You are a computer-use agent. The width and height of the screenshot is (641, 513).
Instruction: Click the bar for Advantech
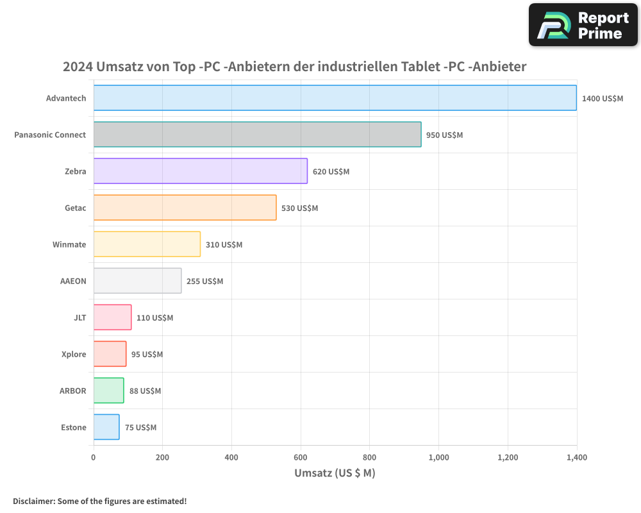335,98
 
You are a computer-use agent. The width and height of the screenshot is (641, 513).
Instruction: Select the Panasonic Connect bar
257,135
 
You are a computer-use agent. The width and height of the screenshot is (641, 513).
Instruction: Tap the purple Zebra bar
200,171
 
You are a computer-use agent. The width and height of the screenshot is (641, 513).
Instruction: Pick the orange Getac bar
185,208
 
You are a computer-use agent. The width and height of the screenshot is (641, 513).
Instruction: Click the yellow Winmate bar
147,244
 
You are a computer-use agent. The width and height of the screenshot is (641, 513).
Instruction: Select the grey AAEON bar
137,281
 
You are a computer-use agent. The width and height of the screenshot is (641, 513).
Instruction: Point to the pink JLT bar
112,317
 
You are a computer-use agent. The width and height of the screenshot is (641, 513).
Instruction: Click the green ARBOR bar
108,391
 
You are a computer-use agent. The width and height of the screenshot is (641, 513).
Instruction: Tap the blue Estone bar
106,427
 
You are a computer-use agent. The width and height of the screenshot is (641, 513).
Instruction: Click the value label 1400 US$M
602,99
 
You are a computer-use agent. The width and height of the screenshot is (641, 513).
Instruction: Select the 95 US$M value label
147,355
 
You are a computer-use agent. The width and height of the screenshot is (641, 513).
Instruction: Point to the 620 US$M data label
331,172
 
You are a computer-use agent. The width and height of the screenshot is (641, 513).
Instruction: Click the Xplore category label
74,355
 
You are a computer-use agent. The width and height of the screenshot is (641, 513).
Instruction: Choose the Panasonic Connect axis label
50,135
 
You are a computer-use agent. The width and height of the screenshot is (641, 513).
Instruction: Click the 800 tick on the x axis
369,458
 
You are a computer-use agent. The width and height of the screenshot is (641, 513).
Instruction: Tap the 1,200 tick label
507,458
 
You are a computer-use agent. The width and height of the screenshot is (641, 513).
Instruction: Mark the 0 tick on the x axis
94,458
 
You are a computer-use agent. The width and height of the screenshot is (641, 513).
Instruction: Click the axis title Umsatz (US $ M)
335,473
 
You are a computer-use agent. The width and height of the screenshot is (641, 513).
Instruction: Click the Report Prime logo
583,25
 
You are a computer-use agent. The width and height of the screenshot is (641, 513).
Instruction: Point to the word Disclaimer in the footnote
33,501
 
